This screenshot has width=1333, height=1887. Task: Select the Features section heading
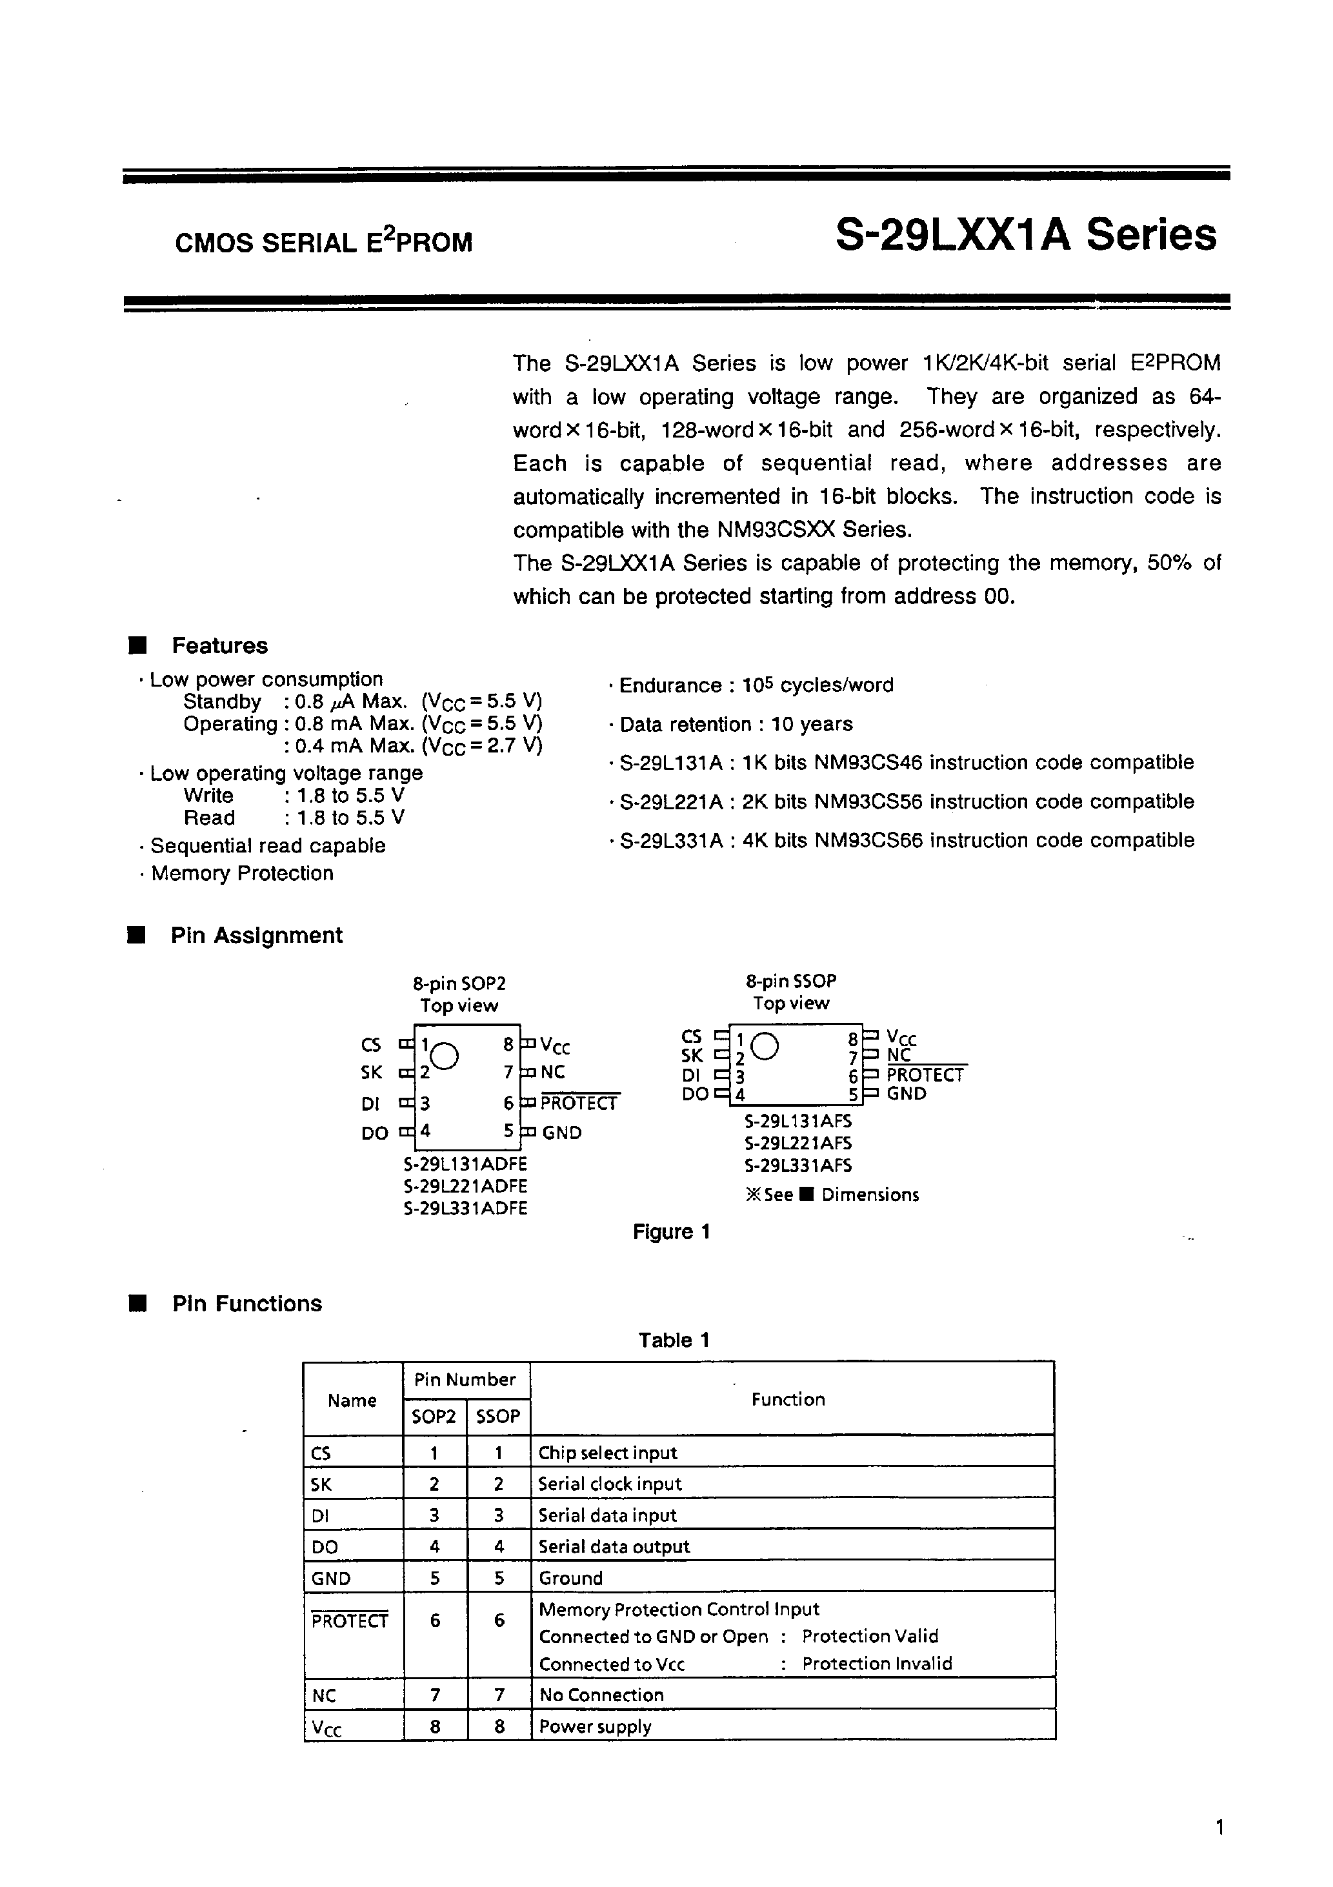click(219, 646)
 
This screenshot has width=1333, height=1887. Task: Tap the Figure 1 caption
click(670, 1231)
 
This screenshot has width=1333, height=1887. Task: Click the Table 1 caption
click(673, 1340)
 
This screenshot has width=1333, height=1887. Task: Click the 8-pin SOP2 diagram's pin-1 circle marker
click(444, 1056)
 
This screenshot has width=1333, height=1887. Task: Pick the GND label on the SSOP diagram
click(907, 1094)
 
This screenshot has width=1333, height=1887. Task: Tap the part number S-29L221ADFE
click(465, 1186)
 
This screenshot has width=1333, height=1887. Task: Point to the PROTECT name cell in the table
click(349, 1620)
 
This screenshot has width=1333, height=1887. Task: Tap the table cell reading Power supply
click(595, 1727)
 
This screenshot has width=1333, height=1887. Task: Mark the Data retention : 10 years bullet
click(736, 724)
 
